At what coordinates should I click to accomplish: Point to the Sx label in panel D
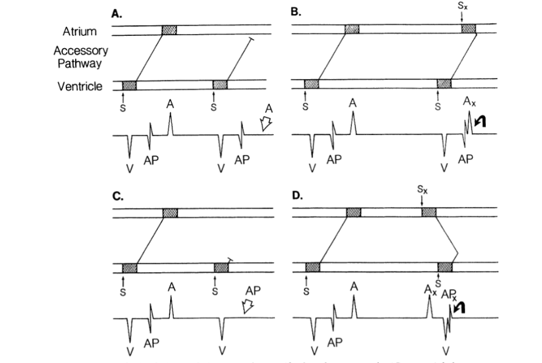pyautogui.click(x=422, y=191)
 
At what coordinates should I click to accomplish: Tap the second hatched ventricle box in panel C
pyautogui.click(x=221, y=268)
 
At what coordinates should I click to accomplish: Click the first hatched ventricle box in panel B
pyautogui.click(x=311, y=84)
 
